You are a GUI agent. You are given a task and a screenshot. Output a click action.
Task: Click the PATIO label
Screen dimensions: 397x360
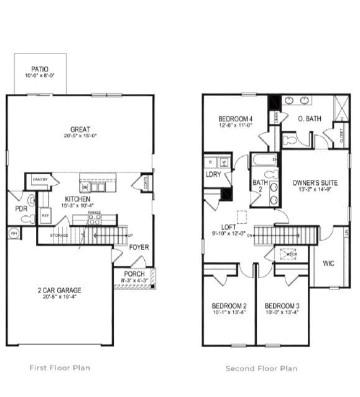(x=40, y=70)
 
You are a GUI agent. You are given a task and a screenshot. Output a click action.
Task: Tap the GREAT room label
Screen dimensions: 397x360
(x=80, y=129)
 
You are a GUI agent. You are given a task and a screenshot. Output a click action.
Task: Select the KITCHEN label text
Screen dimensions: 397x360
(x=78, y=199)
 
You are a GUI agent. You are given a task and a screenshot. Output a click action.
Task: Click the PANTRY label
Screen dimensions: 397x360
(x=40, y=180)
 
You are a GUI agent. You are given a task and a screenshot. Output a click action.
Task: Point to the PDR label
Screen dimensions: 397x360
(x=21, y=209)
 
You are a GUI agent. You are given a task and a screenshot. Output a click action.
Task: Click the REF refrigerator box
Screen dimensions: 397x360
(x=45, y=215)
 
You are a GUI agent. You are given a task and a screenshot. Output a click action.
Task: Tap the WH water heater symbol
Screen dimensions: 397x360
(x=14, y=233)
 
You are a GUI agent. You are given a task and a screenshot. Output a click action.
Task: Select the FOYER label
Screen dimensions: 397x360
(x=139, y=247)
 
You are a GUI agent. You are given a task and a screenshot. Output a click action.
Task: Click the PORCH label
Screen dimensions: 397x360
(x=134, y=274)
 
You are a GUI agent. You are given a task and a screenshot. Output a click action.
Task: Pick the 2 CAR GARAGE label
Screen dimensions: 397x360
(x=60, y=290)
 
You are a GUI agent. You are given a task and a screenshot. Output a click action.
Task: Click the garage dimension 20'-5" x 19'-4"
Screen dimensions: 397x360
(x=60, y=297)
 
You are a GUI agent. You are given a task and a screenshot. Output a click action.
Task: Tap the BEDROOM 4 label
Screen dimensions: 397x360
(x=235, y=119)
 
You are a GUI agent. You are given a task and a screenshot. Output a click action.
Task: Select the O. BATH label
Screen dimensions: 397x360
(x=308, y=119)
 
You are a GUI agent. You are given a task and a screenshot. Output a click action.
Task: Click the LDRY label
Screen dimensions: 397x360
(x=213, y=175)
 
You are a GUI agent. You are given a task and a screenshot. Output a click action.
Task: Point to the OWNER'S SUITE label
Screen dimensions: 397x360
(x=315, y=183)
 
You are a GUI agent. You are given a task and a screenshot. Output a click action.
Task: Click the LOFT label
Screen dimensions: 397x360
(x=228, y=227)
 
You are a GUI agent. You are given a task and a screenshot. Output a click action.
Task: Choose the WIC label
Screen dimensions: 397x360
(x=328, y=263)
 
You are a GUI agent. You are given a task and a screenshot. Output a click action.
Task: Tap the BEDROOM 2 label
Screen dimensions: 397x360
(x=229, y=306)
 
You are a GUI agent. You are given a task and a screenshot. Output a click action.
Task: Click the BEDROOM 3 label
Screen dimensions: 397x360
(x=282, y=306)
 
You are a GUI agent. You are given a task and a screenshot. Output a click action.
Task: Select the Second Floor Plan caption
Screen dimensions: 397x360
(x=261, y=368)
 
